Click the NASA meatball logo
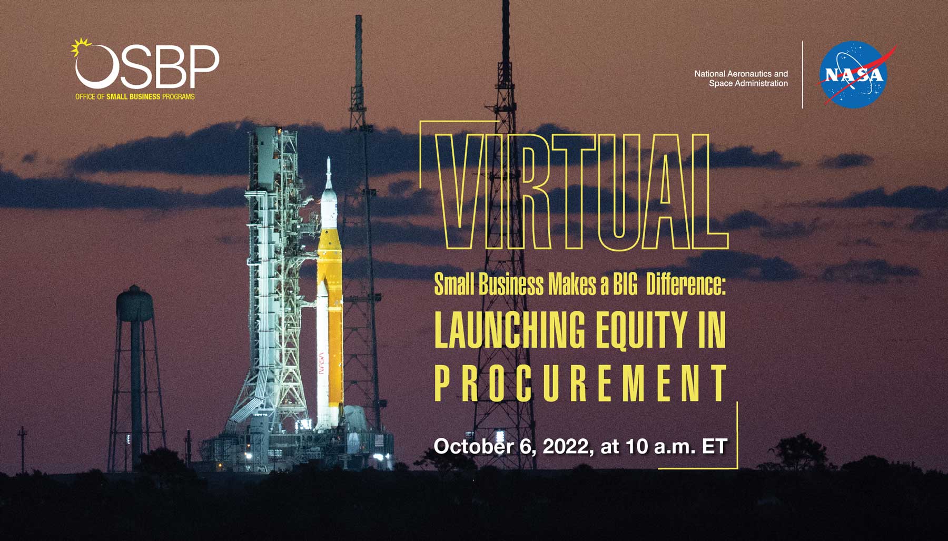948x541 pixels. tap(853, 75)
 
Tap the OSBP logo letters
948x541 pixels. tap(147, 66)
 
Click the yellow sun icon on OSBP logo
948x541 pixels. tap(81, 48)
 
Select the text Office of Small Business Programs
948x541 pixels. tap(135, 97)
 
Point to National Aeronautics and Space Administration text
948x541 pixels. tap(741, 78)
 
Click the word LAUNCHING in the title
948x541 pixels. tap(509, 330)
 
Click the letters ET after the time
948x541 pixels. tap(715, 446)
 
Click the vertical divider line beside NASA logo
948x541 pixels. tap(803, 75)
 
